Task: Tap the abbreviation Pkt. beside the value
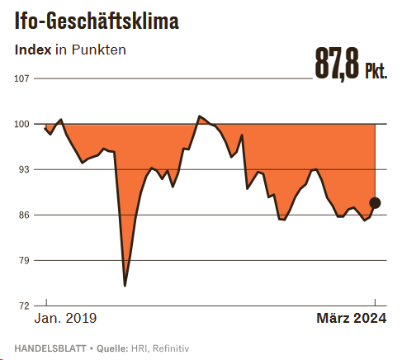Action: click(376, 70)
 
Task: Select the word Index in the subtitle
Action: click(33, 50)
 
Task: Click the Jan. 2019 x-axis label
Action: click(65, 319)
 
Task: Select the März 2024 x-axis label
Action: click(352, 319)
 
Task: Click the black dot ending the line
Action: click(375, 203)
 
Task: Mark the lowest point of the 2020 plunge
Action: click(125, 286)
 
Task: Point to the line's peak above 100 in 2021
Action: click(199, 116)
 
